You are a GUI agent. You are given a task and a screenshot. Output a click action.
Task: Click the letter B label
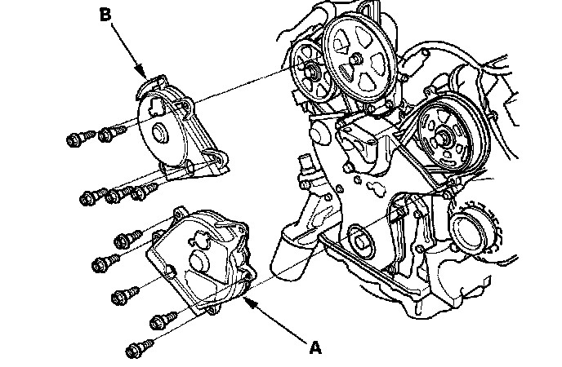pyautogui.click(x=105, y=13)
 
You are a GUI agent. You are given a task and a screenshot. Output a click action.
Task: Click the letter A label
pyautogui.click(x=316, y=348)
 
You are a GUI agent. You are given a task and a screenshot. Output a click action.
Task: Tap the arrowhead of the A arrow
pyautogui.click(x=244, y=298)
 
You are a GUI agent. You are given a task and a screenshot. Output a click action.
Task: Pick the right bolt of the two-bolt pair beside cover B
pyautogui.click(x=106, y=134)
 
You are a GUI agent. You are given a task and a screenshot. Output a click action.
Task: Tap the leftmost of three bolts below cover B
pyautogui.click(x=90, y=197)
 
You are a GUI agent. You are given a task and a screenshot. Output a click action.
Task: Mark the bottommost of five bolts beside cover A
pyautogui.click(x=136, y=351)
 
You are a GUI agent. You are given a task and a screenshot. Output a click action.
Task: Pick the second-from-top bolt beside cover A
pyautogui.click(x=104, y=264)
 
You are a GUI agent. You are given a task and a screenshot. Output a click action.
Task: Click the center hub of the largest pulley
pyautogui.click(x=358, y=60)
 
